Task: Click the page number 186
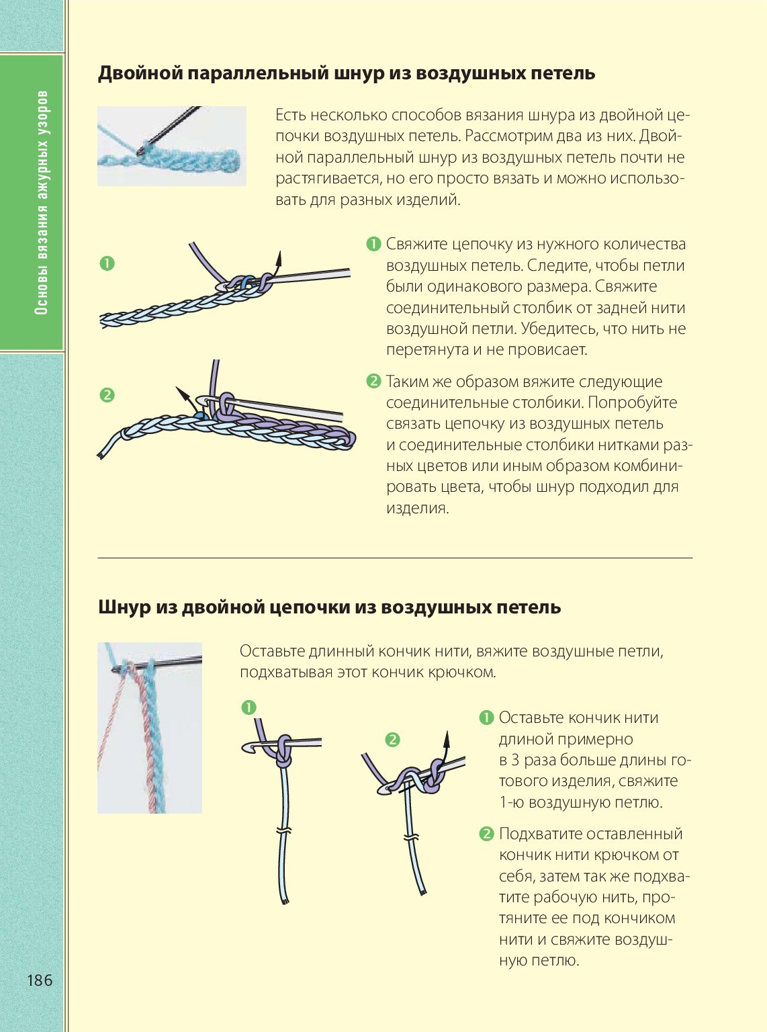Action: click(x=40, y=980)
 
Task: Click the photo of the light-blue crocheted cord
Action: click(x=172, y=146)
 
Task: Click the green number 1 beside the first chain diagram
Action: click(x=107, y=264)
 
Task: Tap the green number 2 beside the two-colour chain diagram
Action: click(x=107, y=396)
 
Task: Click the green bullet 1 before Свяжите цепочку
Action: click(x=373, y=244)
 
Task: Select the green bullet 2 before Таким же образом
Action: click(x=373, y=381)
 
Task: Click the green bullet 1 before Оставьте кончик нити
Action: click(x=486, y=718)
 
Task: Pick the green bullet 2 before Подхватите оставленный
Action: click(x=486, y=833)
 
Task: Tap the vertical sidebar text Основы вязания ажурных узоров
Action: click(x=42, y=202)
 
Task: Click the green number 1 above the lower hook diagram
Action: click(x=249, y=707)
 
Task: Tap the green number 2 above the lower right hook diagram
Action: click(x=393, y=740)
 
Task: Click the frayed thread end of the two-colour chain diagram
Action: click(x=100, y=456)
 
